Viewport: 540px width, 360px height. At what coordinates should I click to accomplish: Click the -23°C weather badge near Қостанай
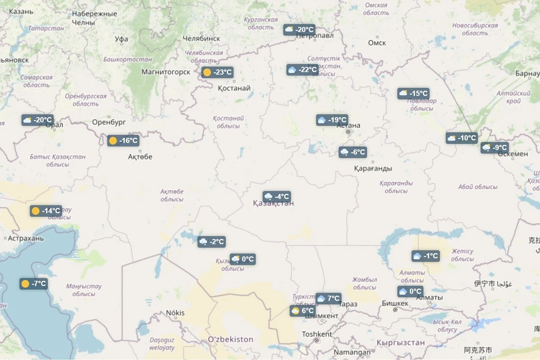click(217, 72)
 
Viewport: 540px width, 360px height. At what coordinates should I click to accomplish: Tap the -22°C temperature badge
click(302, 70)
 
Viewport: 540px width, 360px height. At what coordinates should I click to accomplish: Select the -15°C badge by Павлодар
click(414, 94)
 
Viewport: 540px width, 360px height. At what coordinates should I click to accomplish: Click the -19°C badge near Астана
click(332, 120)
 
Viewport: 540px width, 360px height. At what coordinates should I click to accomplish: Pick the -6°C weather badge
click(353, 152)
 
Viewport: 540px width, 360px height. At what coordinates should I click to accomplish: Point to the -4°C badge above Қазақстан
click(277, 197)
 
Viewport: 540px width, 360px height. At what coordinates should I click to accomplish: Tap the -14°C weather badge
click(46, 211)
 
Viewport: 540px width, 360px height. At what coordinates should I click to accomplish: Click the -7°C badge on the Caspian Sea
click(34, 284)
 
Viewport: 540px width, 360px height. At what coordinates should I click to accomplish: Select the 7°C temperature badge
click(328, 298)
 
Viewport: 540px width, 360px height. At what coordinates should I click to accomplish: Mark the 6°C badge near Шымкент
click(302, 311)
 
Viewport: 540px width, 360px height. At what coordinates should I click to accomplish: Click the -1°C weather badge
click(425, 256)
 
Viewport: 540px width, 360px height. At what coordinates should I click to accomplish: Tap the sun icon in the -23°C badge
click(207, 72)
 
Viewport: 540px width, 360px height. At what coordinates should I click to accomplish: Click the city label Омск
click(377, 43)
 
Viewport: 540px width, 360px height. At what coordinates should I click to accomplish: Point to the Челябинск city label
click(201, 39)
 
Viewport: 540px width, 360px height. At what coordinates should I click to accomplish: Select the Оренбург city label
click(109, 122)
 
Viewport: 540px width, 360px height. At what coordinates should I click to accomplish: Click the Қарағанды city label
click(373, 168)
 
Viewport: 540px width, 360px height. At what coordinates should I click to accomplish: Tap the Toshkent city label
click(317, 334)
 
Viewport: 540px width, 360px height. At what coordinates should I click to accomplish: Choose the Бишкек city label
click(395, 303)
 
